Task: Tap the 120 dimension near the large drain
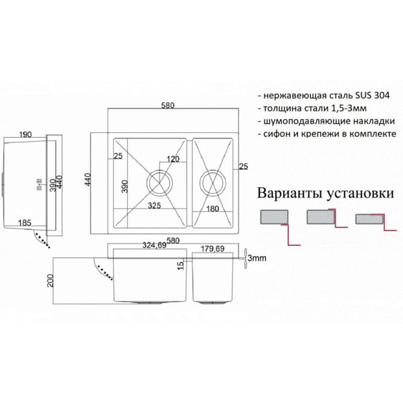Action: [x=173, y=159]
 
